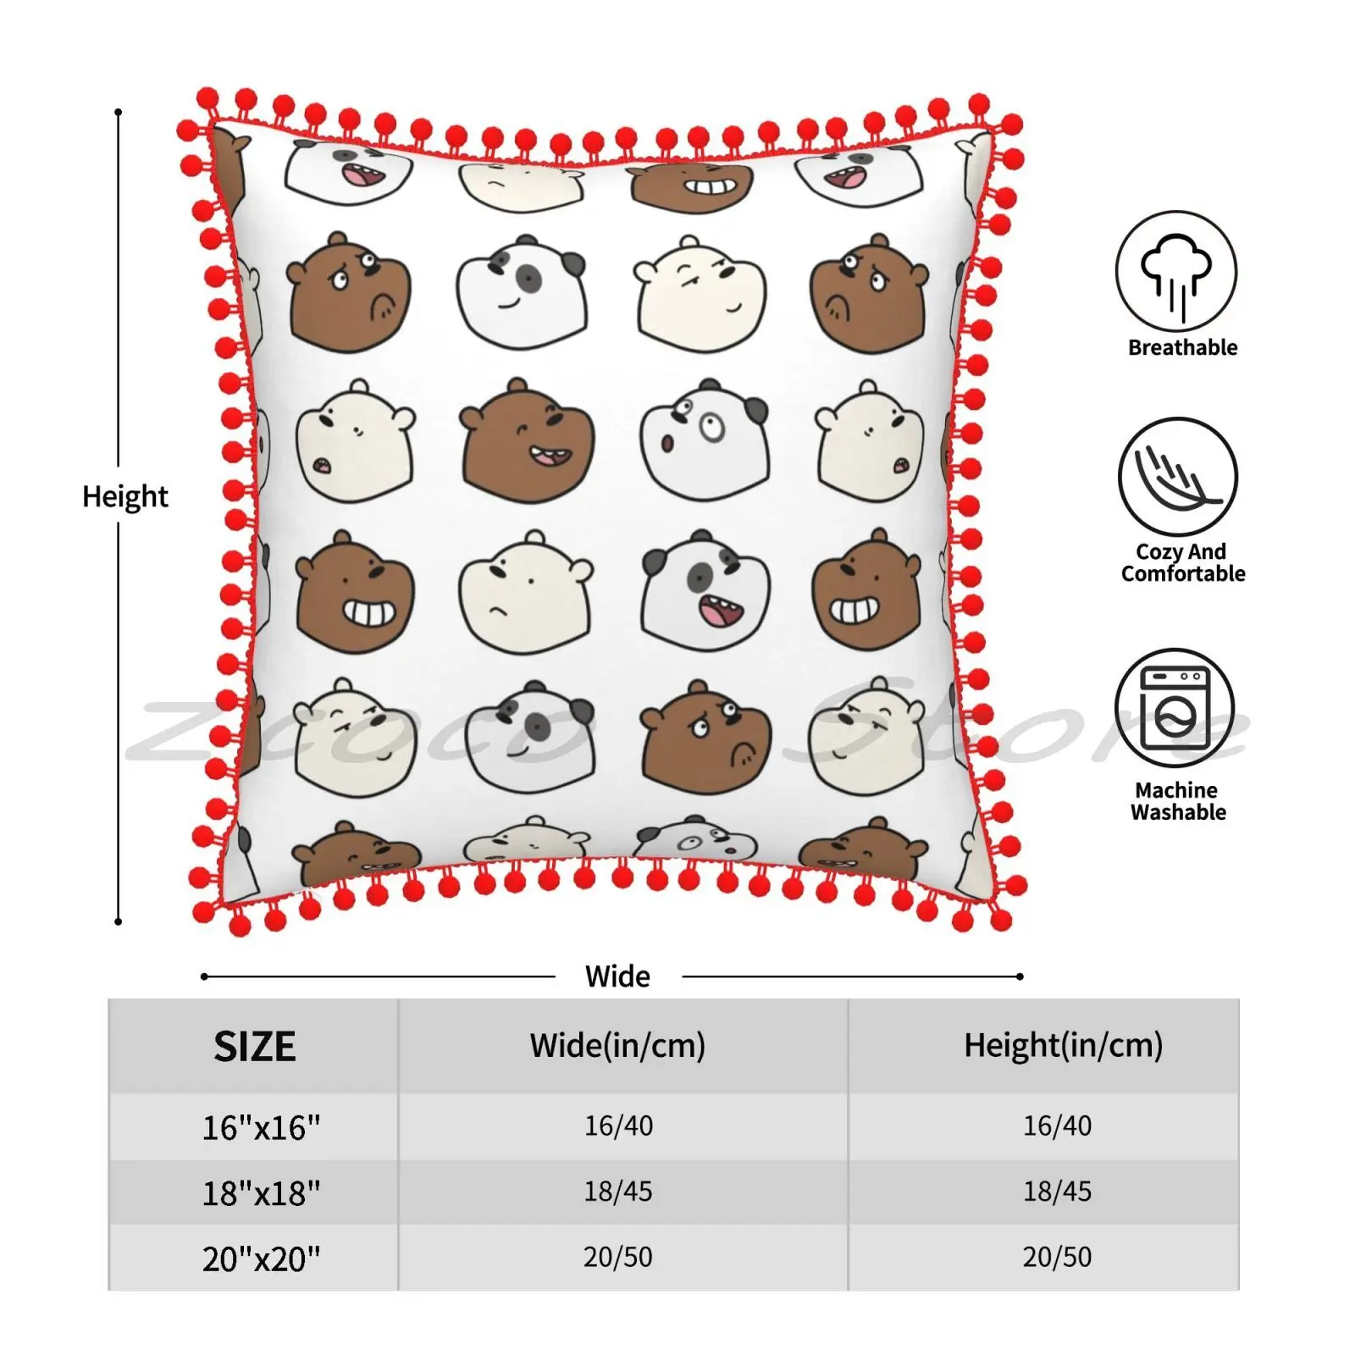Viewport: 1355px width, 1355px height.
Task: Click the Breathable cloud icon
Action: point(1176,272)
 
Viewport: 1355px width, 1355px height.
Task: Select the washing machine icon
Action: point(1175,708)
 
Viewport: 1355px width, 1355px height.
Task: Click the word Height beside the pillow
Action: point(125,496)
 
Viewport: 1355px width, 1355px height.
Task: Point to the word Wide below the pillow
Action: point(617,976)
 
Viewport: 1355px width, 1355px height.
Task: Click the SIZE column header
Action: point(254,1047)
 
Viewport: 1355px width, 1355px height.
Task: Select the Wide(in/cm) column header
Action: point(617,1046)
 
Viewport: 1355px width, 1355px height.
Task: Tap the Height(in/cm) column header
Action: point(1063,1046)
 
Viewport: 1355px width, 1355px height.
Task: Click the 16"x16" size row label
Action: point(261,1127)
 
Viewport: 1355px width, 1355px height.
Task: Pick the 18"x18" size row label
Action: point(261,1193)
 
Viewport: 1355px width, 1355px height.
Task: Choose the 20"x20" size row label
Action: point(261,1259)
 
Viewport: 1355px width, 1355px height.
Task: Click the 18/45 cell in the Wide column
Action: point(618,1192)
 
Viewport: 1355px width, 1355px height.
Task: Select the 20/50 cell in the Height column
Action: point(1057,1257)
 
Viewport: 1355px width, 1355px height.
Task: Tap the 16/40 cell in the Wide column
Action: point(618,1125)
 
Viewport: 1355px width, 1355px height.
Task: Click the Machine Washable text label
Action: point(1177,801)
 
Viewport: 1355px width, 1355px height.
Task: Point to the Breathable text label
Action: point(1182,347)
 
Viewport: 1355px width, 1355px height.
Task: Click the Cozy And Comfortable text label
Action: point(1182,562)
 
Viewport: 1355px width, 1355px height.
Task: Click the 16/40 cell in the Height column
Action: point(1057,1125)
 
